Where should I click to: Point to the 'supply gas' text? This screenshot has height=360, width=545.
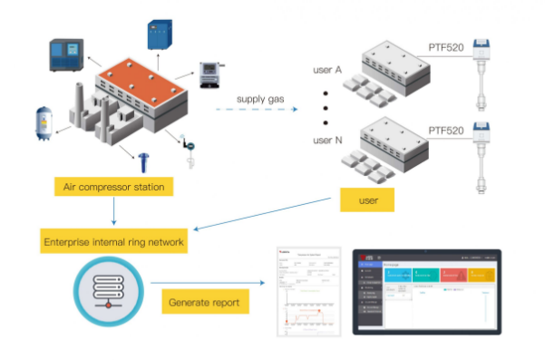point(263,98)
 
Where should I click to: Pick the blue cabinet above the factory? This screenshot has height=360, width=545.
point(160,34)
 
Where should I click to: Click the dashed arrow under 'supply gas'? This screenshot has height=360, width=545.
point(258,110)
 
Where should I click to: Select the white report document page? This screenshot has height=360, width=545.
point(307,291)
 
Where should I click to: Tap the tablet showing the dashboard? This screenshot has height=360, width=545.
point(426,291)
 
